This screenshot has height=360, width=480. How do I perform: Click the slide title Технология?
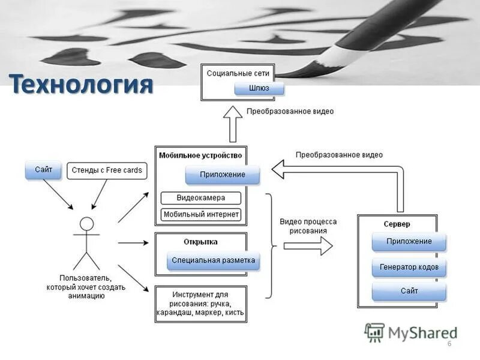point(80,85)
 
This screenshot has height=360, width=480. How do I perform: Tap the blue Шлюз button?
point(259,88)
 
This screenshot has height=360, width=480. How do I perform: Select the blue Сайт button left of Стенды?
point(43,170)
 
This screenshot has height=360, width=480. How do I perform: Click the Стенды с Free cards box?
point(107,170)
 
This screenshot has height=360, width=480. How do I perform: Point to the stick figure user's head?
point(87,224)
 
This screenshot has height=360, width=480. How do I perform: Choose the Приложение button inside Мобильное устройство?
point(223,175)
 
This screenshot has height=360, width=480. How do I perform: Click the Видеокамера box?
point(201,197)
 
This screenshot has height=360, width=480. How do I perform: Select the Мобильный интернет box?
point(201,214)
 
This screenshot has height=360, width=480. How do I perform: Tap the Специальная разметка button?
point(213,260)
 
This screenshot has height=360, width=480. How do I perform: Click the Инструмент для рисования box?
point(200,304)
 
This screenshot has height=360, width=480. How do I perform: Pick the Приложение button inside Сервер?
point(409,241)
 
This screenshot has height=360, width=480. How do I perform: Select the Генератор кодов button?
point(409,266)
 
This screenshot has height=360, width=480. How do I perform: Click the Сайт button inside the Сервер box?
point(409,291)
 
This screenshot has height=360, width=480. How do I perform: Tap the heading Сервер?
point(397,224)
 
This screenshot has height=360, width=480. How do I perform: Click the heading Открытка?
point(200,242)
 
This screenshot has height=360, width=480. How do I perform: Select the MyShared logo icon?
point(374,332)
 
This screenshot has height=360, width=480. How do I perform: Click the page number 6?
point(449,343)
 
